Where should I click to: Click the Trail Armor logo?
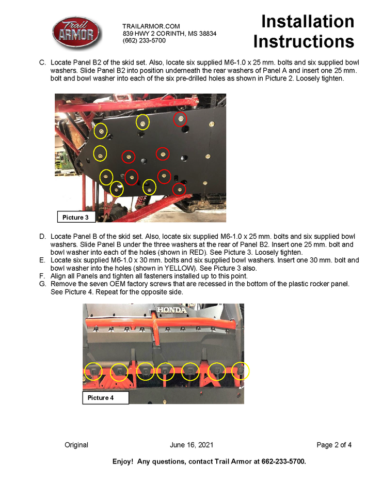pyautogui.click(x=77, y=34)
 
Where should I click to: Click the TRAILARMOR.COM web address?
pyautogui.click(x=151, y=26)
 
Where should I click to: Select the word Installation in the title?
pyautogui.click(x=308, y=21)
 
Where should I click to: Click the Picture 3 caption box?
pyautogui.click(x=76, y=217)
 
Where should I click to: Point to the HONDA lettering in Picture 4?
pyautogui.click(x=172, y=311)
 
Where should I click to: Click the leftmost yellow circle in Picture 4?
pyautogui.click(x=93, y=371)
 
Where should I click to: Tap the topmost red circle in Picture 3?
pyautogui.click(x=180, y=119)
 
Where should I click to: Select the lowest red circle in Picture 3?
pyautogui.click(x=179, y=190)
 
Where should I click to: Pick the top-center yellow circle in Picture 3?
pyautogui.click(x=143, y=122)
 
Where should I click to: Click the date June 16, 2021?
pyautogui.click(x=191, y=445)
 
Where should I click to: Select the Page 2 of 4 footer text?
pyautogui.click(x=334, y=445)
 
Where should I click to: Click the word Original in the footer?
pyautogui.click(x=76, y=445)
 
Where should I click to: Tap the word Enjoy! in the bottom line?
pyautogui.click(x=123, y=461)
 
